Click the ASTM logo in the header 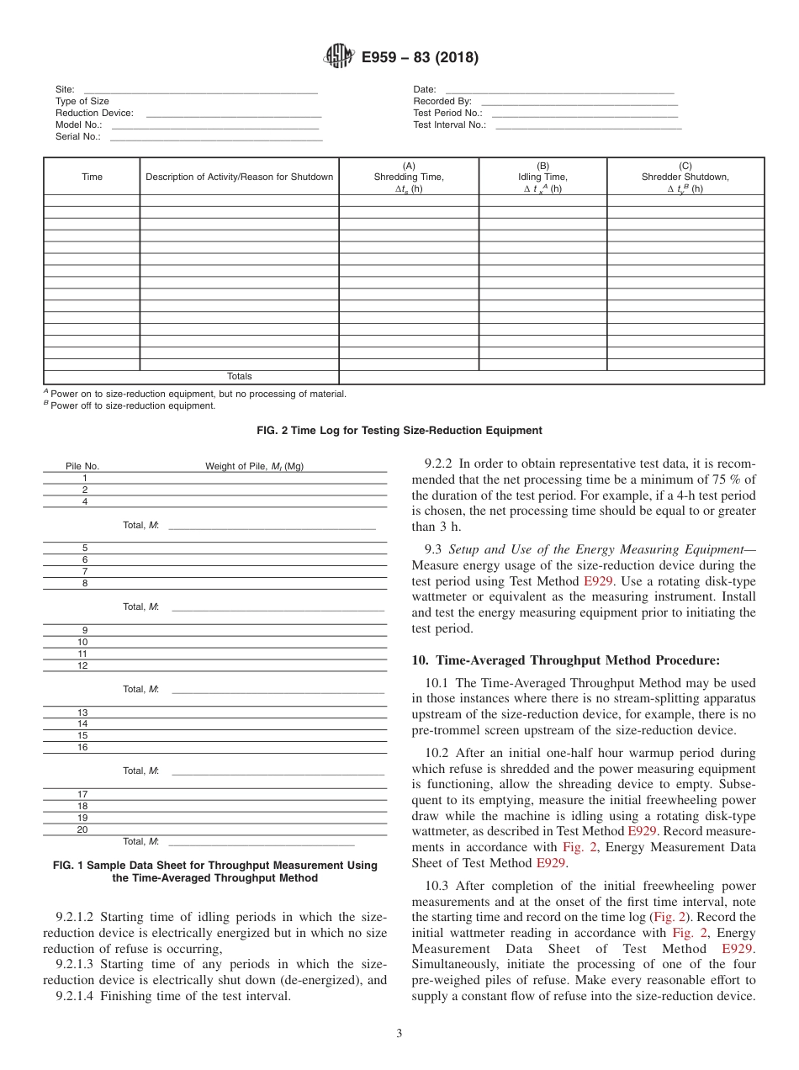[340, 57]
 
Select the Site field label [65, 89]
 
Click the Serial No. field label [78, 136]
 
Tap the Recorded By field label [442, 101]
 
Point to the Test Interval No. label [449, 124]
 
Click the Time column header [92, 177]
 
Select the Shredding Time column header [409, 177]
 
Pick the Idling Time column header [542, 177]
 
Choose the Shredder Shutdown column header [685, 177]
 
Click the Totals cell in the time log [239, 377]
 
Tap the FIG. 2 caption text [399, 431]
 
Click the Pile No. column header [82, 466]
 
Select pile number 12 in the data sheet [82, 665]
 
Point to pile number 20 [82, 829]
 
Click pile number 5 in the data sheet [84, 548]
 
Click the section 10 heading [565, 660]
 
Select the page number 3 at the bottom [399, 1034]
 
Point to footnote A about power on [195, 394]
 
